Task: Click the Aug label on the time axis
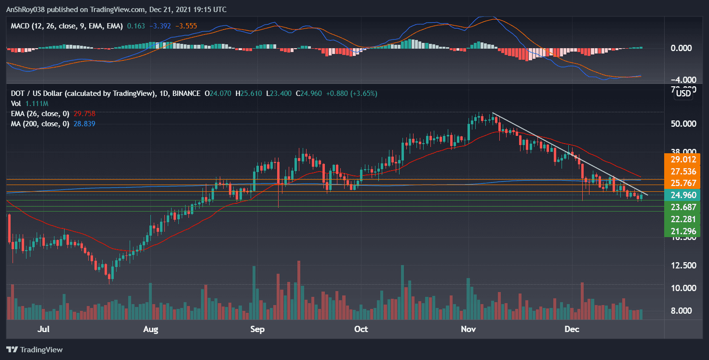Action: tap(151, 330)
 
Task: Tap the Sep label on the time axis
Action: tap(258, 330)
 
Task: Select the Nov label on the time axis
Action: tap(468, 330)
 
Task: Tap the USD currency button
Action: tap(683, 93)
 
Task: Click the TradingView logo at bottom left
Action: tap(34, 350)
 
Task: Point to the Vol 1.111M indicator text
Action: tap(29, 104)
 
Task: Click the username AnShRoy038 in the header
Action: tap(28, 10)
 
